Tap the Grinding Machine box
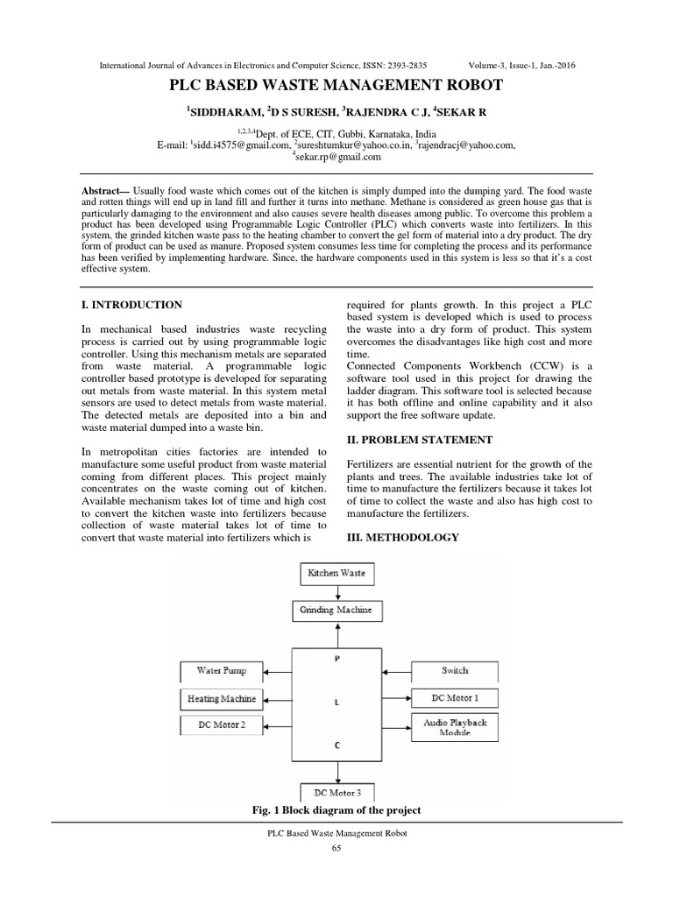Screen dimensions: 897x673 [336, 609]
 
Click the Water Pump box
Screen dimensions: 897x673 [222, 671]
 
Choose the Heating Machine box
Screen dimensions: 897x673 [222, 698]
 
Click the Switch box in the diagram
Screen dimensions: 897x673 [455, 671]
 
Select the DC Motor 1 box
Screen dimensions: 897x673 [455, 698]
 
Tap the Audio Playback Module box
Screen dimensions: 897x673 [455, 726]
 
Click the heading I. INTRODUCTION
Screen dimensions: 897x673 [131, 305]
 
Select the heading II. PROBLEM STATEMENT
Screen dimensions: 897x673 [407, 439]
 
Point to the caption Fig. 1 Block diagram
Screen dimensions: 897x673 [336, 809]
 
